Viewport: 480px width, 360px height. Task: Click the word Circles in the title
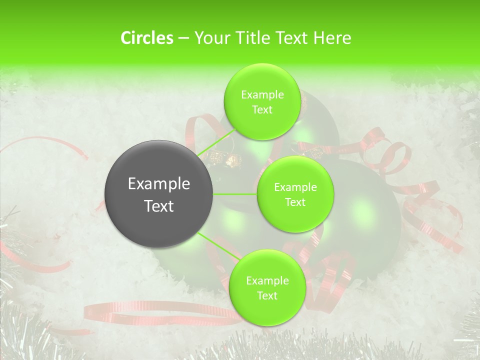pyautogui.click(x=146, y=38)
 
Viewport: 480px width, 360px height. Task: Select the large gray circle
pyautogui.click(x=158, y=194)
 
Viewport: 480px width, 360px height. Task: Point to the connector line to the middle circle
pyautogui.click(x=235, y=194)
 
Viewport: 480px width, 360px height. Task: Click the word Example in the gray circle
pyautogui.click(x=158, y=184)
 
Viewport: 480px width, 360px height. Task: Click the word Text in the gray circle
pyautogui.click(x=158, y=206)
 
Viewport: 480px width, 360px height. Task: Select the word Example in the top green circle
pyautogui.click(x=262, y=94)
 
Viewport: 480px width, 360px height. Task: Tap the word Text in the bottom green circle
pyautogui.click(x=267, y=295)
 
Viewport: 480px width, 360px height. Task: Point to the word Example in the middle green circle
pyautogui.click(x=295, y=187)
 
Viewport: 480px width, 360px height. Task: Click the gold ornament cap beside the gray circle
pyautogui.click(x=231, y=160)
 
